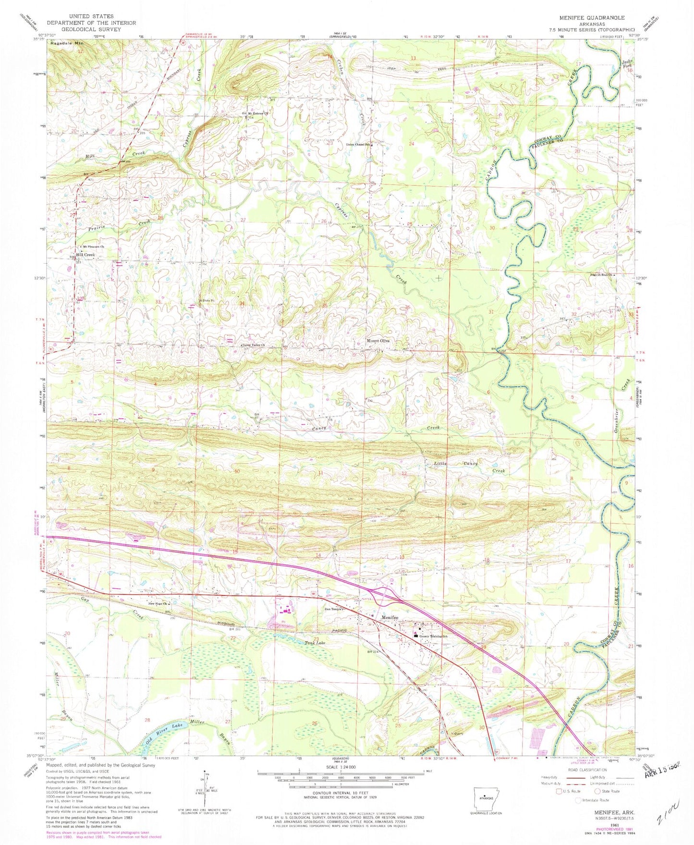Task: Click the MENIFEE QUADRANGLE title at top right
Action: pyautogui.click(x=592, y=18)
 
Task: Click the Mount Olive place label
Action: pyautogui.click(x=378, y=341)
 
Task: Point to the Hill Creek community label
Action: pyautogui.click(x=85, y=255)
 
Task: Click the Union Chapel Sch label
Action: pyautogui.click(x=358, y=144)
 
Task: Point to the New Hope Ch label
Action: pyautogui.click(x=157, y=604)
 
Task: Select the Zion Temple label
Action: pyautogui.click(x=332, y=609)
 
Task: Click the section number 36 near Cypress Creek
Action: pyautogui.click(x=408, y=307)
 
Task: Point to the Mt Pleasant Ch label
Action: pyautogui.click(x=93, y=247)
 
